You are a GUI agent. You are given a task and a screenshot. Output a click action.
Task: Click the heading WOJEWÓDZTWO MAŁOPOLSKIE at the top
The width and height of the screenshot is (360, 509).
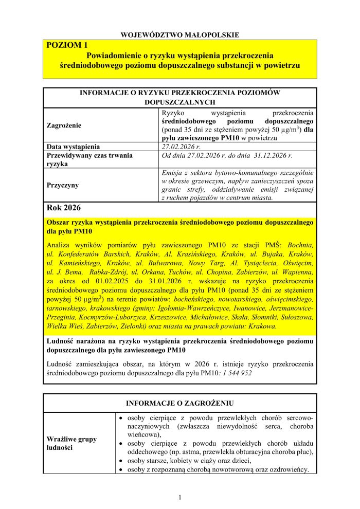180,35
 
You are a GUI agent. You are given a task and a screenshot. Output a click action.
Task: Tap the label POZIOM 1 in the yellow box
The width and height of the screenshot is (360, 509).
67,45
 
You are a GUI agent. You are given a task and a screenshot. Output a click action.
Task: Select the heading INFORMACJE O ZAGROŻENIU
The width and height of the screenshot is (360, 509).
180,403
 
